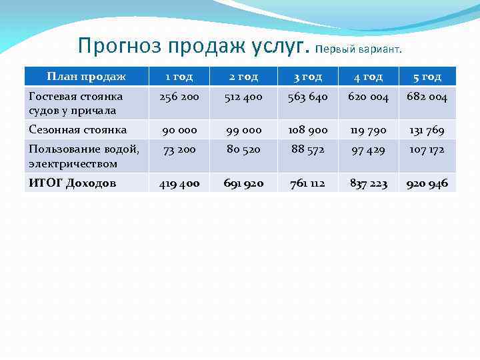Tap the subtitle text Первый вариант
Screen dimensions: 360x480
pos(359,49)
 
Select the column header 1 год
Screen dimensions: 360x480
pos(179,77)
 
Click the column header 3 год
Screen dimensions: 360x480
pos(308,77)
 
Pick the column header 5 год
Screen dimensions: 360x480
pos(427,77)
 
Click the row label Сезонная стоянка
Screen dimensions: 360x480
pos(78,129)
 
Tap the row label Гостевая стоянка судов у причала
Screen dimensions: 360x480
pos(76,103)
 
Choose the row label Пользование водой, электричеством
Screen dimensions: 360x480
pos(84,156)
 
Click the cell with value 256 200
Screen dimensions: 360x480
pos(179,97)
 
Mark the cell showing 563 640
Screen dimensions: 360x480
pos(308,97)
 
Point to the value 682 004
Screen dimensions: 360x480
pos(427,97)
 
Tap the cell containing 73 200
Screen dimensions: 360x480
pos(179,150)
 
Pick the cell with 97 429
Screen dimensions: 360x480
pos(367,150)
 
